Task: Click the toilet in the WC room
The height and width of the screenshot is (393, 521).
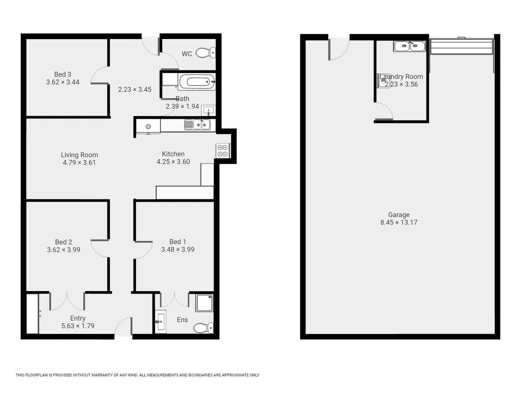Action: click(x=206, y=53)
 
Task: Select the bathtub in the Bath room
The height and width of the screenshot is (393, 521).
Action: click(x=197, y=82)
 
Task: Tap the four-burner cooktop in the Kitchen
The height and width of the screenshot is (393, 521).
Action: click(x=222, y=151)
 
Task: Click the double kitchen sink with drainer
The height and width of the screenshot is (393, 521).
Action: click(x=197, y=125)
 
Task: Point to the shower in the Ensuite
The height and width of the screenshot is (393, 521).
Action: click(x=204, y=303)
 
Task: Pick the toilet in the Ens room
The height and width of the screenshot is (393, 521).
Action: click(x=203, y=327)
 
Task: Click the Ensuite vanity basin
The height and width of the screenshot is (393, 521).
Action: click(x=160, y=321)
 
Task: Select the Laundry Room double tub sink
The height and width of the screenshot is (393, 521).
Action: click(x=409, y=46)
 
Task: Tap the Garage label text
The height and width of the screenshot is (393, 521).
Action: click(x=399, y=215)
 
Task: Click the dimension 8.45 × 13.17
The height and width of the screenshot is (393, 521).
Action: click(x=399, y=222)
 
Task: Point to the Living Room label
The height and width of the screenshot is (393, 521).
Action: click(x=79, y=155)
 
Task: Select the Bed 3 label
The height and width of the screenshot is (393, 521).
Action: click(x=63, y=74)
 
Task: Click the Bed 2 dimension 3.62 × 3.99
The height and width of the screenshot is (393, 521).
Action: click(x=63, y=250)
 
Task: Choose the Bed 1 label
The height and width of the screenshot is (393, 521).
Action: click(x=178, y=242)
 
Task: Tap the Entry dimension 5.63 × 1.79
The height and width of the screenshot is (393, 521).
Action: click(x=78, y=326)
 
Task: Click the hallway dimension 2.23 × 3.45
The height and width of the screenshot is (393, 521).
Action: click(x=135, y=90)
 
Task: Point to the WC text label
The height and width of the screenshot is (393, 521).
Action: click(x=187, y=54)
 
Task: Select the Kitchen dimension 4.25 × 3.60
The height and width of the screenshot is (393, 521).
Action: click(x=173, y=162)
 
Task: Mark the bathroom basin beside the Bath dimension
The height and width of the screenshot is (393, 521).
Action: click(x=208, y=110)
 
